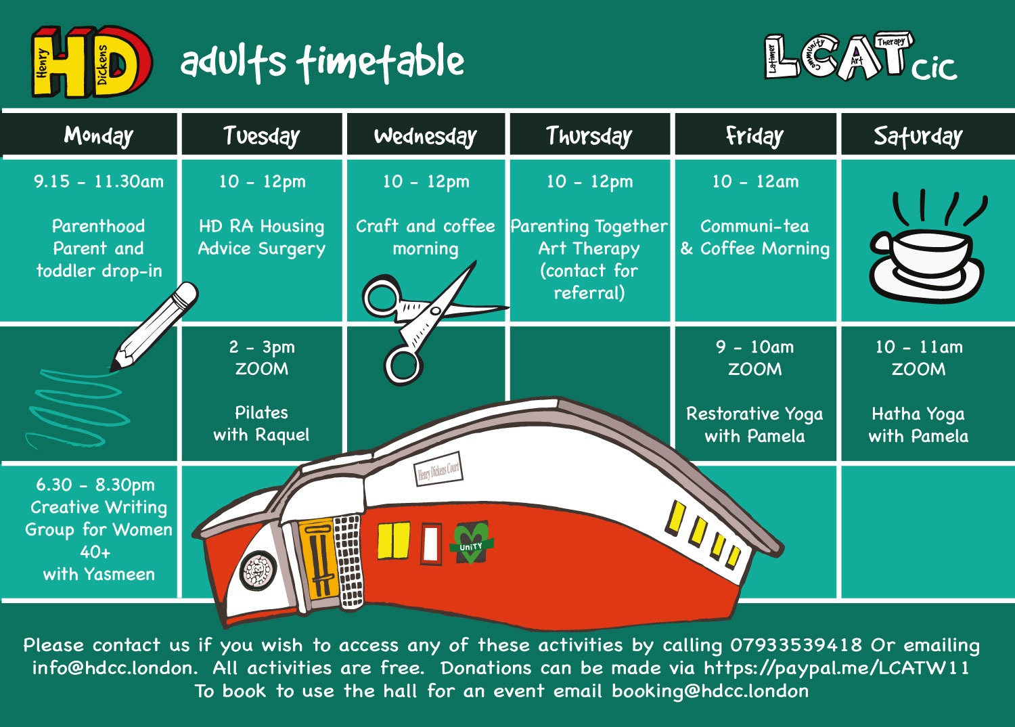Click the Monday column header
[x=98, y=135]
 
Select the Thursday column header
[x=589, y=135]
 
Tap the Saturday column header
[x=918, y=136]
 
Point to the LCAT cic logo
[x=861, y=57]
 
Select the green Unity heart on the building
[x=471, y=542]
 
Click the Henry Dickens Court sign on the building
[x=438, y=469]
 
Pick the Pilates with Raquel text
[x=261, y=424]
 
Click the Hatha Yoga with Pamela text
[x=918, y=425]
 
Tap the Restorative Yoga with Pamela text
[x=754, y=425]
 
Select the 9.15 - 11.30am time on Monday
[x=99, y=181]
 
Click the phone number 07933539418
[x=796, y=644]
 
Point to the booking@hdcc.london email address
[x=710, y=690]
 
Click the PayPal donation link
[x=836, y=667]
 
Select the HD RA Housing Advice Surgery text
[x=261, y=237]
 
